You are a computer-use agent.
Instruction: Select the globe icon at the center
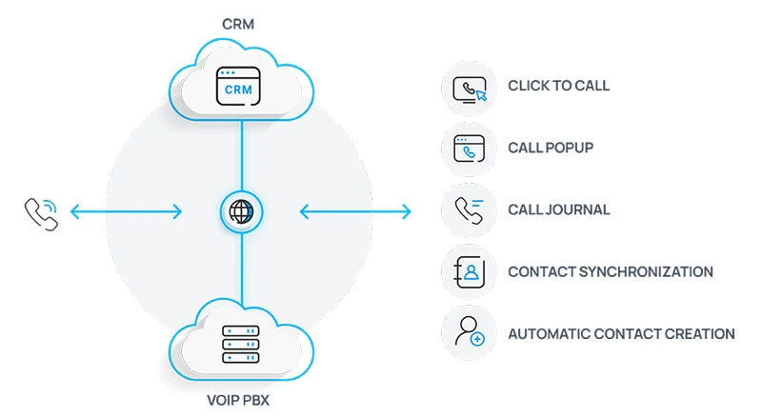[x=241, y=211]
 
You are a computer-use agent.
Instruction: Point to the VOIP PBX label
[x=238, y=400]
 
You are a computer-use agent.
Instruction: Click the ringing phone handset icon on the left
[x=41, y=212]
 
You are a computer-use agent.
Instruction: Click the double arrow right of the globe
[x=355, y=211]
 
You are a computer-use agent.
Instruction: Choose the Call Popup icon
[x=469, y=149]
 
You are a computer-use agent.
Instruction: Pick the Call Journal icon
[x=469, y=210]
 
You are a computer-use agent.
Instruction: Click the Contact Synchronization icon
[x=469, y=272]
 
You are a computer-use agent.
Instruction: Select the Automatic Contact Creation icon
[x=469, y=333]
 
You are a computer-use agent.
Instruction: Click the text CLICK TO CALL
[x=558, y=86]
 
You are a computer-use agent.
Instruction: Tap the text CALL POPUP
[x=551, y=148]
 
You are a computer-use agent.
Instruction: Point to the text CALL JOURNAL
[x=558, y=209]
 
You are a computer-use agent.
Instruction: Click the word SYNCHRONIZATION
[x=652, y=271]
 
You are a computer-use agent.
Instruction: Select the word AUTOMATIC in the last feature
[x=549, y=334]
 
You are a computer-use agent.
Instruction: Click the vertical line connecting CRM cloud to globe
[x=241, y=152]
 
